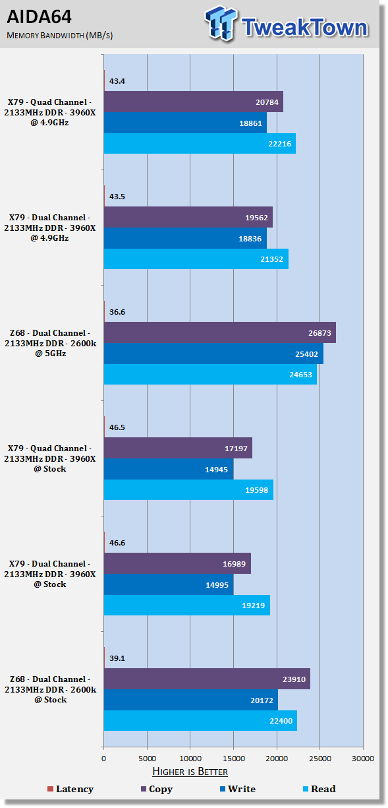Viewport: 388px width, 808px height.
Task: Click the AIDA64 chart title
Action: (x=39, y=16)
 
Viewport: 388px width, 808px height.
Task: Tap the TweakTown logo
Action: (x=287, y=24)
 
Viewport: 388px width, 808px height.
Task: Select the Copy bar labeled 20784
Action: (x=194, y=102)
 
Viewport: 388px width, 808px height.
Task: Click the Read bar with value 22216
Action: (x=200, y=144)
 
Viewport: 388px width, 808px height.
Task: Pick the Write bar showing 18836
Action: (x=185, y=238)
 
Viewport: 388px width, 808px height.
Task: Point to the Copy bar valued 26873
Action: (x=220, y=332)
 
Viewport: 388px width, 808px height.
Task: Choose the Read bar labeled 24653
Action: (x=210, y=375)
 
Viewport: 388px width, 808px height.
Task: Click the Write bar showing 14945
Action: (x=169, y=469)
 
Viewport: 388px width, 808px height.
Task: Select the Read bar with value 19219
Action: (x=187, y=606)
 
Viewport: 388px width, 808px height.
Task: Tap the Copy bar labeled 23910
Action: (x=207, y=679)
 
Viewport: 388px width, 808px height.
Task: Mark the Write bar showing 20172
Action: (x=191, y=700)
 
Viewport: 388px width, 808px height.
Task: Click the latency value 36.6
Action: (x=117, y=312)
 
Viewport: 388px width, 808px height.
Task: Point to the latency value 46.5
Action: (x=117, y=427)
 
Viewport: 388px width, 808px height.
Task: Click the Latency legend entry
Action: (x=70, y=789)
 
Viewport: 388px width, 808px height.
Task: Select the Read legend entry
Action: (x=319, y=789)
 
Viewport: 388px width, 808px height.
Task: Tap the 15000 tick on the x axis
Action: (x=233, y=759)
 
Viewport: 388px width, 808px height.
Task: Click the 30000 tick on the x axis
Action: (x=363, y=759)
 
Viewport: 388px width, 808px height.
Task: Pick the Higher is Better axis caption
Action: (x=190, y=772)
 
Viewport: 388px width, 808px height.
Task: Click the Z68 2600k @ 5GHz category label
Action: (x=51, y=343)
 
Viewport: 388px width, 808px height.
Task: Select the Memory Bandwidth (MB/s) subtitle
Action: (x=60, y=36)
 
